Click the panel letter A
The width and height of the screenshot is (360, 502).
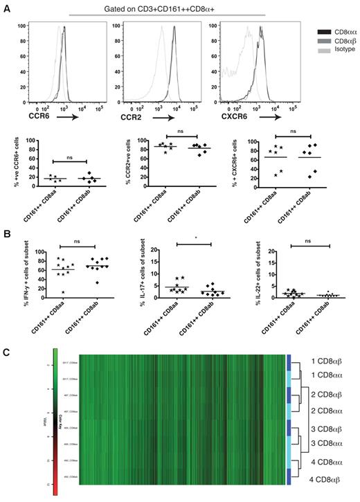click(x=7, y=8)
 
